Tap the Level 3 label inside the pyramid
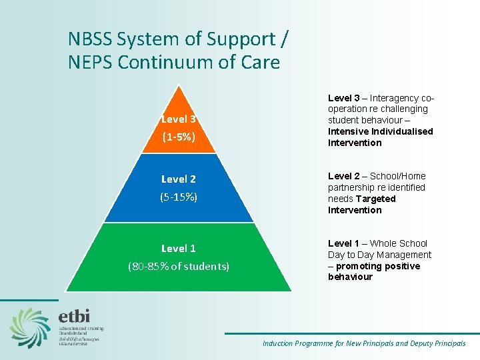tap(178, 119)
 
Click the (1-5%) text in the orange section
tap(178, 137)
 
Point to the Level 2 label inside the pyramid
tap(178, 179)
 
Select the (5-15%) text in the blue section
tap(178, 197)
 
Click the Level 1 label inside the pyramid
tap(178, 248)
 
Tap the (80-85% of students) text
tap(178, 266)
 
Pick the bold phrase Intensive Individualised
tap(380, 131)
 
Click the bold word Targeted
tap(375, 199)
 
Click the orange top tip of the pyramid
tap(178, 93)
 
